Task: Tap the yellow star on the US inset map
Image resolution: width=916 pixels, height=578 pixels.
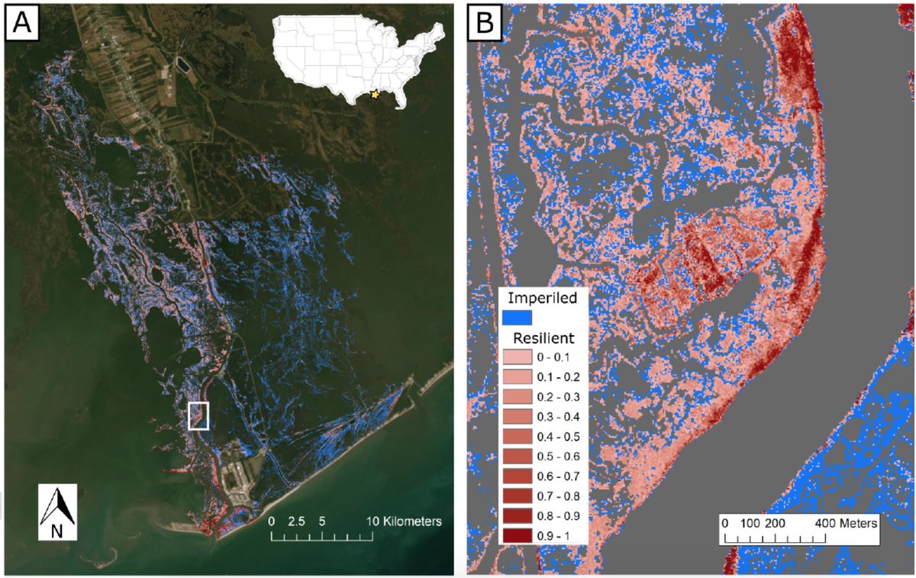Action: coord(374,95)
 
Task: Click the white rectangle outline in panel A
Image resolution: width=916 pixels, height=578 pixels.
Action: coord(198,416)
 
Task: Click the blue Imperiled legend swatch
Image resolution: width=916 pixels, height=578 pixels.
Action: coord(516,316)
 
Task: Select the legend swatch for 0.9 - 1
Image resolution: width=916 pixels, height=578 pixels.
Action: coord(518,536)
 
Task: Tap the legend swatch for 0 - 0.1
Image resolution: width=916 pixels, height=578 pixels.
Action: coord(518,357)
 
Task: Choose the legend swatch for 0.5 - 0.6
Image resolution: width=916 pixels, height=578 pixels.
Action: coord(518,457)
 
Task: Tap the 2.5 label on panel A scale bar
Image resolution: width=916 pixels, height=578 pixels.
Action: coord(296,522)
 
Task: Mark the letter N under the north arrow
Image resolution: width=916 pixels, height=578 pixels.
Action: coord(56,531)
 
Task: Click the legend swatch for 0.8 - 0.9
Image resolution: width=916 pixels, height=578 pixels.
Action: coord(518,516)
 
